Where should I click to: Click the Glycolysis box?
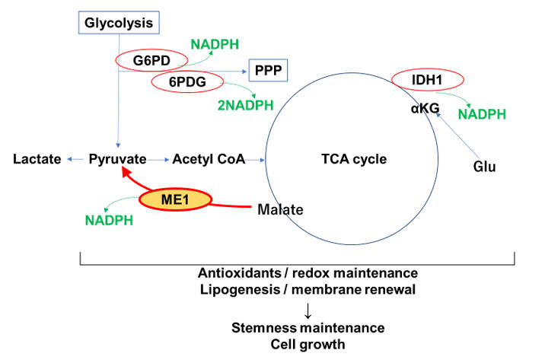point(118,23)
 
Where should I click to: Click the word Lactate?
point(37,159)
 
